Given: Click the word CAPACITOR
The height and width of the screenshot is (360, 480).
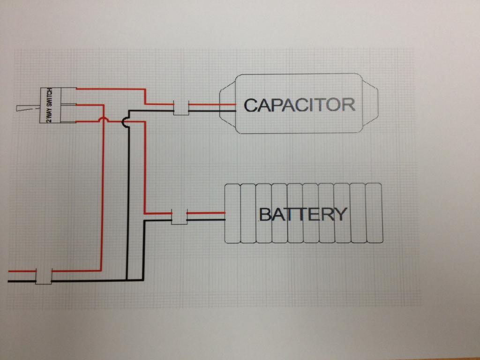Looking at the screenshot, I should [299, 105].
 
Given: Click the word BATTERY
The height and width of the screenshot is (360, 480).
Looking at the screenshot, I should [303, 214].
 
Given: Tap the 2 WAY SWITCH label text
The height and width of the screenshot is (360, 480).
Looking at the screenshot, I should [49, 105].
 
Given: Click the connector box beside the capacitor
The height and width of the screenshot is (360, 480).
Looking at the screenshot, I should [181, 108].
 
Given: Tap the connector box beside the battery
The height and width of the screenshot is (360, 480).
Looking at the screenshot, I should [179, 216].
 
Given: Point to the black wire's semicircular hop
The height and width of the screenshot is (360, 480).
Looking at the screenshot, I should [124, 122].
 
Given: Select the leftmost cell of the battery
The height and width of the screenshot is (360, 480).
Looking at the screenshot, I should [232, 213].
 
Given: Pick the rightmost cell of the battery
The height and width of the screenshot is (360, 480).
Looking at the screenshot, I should [374, 213].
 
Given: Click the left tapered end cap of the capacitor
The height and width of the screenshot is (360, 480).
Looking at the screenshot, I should [227, 104].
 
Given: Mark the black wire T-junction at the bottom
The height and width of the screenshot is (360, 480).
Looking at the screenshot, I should [127, 280].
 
